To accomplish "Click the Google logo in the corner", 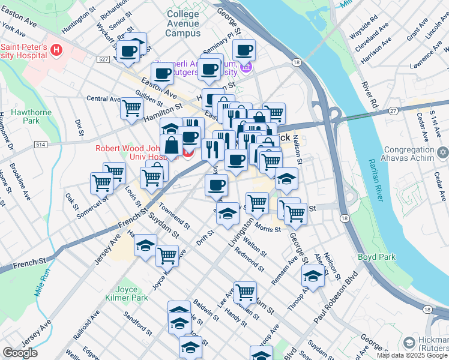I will pos(20,353).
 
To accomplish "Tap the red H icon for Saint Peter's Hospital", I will pos(56,50).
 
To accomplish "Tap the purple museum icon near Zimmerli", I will pos(245,69).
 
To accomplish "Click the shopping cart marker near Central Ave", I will pos(131,109).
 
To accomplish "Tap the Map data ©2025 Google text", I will pos(412,355).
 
